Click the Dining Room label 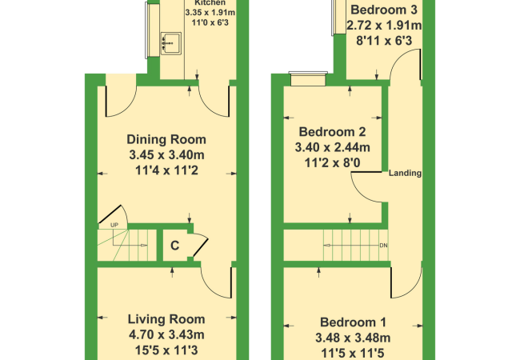pos(166,139)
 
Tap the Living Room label pos(166,319)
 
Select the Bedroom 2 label pos(332,132)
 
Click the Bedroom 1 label pos(353,322)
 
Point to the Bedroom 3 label pos(384,10)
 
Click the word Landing pos(405,173)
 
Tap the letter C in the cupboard pos(174,246)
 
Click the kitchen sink pos(170,43)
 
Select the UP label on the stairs pos(114,225)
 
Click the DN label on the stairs pos(383,246)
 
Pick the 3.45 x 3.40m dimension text pos(166,155)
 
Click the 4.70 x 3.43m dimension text pos(166,335)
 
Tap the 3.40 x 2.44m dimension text pos(332,147)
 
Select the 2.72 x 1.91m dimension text pos(384,25)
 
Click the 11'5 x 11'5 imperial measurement pos(353,354)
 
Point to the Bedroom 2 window pos(308,79)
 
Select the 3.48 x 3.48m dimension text pos(353,338)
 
